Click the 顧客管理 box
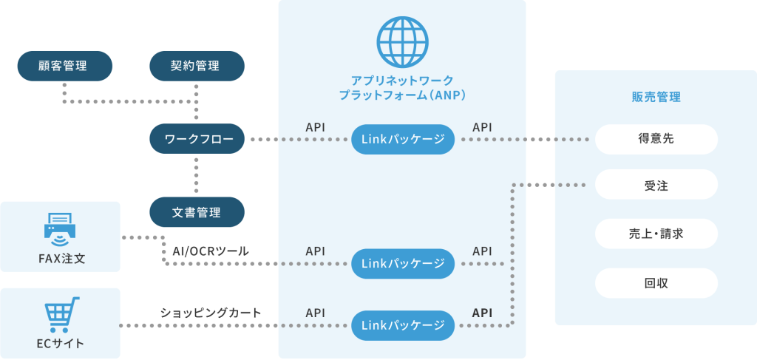[65, 66]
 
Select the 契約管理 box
[197, 66]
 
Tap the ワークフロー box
[197, 140]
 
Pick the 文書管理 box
[197, 212]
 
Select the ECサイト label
[61, 344]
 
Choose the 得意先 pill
[656, 140]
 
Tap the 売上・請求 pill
[656, 234]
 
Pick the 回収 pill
[656, 283]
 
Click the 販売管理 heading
[656, 98]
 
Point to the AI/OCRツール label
[211, 251]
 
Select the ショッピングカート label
[211, 313]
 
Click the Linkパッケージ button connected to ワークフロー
[403, 140]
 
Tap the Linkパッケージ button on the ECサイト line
[403, 326]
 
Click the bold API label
[482, 313]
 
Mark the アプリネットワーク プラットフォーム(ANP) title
[402, 87]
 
